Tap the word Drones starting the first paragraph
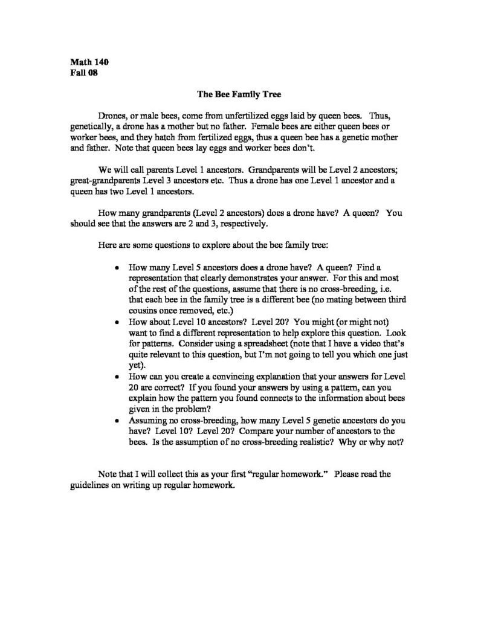(x=111, y=115)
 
